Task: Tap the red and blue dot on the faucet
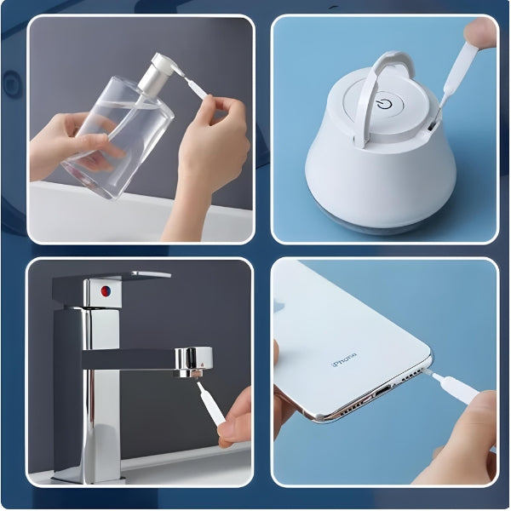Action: [x=106, y=291]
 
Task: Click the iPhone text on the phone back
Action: [x=344, y=359]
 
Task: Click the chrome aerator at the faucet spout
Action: [x=193, y=363]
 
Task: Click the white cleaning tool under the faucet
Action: [x=210, y=404]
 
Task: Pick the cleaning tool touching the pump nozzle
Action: [x=195, y=86]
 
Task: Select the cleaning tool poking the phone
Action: [x=453, y=387]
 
